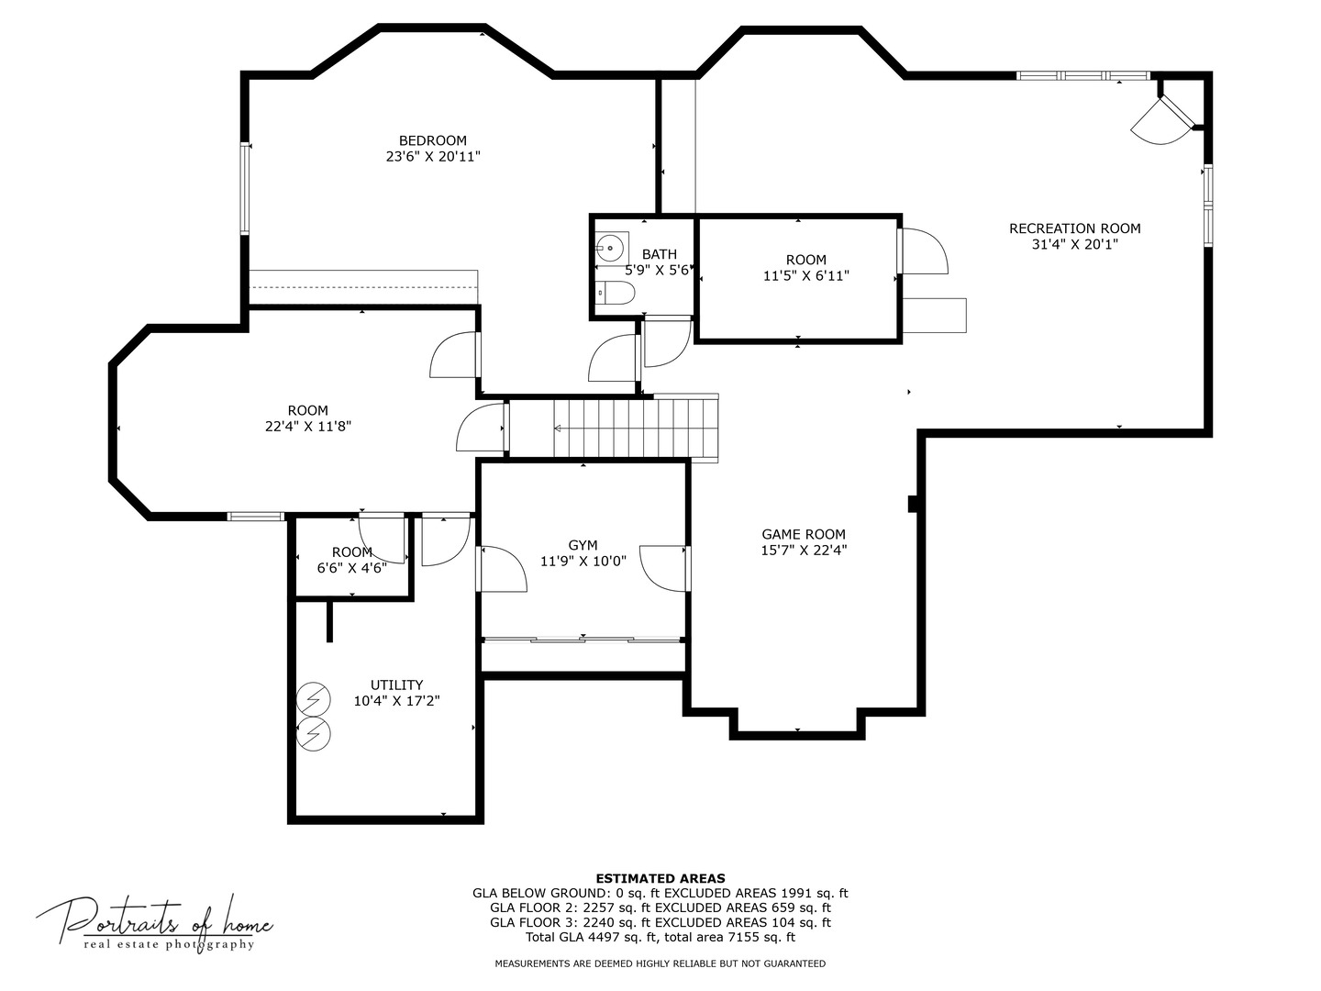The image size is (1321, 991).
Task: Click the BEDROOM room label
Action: click(x=433, y=140)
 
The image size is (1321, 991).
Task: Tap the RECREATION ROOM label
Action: click(x=1074, y=228)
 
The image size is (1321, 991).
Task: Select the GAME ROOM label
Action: click(x=804, y=534)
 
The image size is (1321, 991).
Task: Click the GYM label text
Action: click(x=583, y=545)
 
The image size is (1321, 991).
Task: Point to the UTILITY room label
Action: click(x=396, y=685)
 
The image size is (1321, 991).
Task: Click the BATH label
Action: click(x=660, y=254)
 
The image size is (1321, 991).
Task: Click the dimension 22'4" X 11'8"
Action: click(x=307, y=427)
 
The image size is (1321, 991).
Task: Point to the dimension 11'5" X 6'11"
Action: click(x=805, y=275)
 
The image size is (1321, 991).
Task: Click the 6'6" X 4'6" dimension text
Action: click(x=351, y=568)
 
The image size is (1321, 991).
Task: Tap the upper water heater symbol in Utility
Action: click(x=313, y=701)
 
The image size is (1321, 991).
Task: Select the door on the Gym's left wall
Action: click(x=501, y=569)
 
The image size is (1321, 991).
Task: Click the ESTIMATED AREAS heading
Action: click(x=660, y=878)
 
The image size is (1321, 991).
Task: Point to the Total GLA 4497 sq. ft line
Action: click(x=660, y=937)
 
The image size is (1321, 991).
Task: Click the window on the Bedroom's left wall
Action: click(x=245, y=188)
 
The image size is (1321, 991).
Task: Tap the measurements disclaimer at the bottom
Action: click(x=660, y=963)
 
